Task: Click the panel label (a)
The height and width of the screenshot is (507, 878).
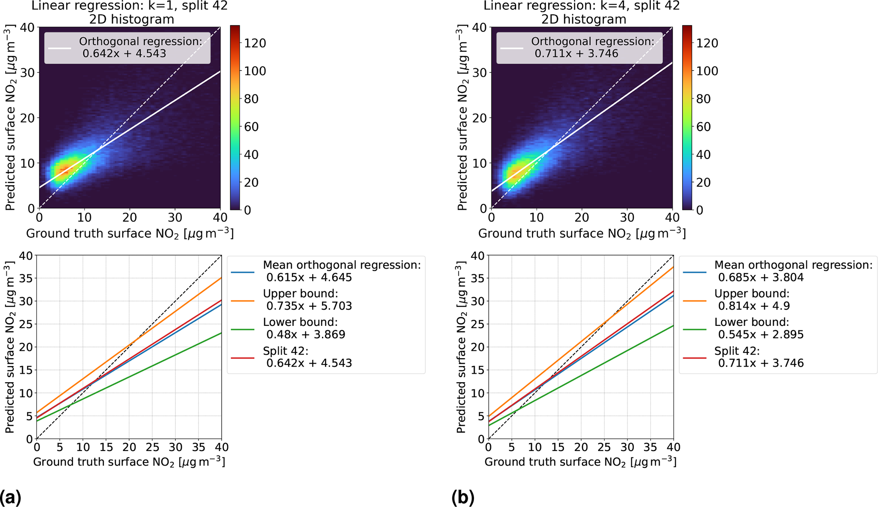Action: click(10, 497)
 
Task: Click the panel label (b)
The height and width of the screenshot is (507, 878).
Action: click(463, 497)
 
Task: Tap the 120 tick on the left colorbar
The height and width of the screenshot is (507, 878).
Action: click(255, 43)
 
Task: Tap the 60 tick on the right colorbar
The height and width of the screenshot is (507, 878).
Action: click(707, 127)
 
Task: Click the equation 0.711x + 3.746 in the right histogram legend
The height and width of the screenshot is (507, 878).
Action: click(576, 54)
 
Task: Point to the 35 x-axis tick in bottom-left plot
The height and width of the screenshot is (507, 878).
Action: click(198, 447)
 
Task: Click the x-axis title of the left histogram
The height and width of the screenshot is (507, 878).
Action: click(130, 234)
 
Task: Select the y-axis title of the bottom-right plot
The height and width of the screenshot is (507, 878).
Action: click(461, 347)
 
